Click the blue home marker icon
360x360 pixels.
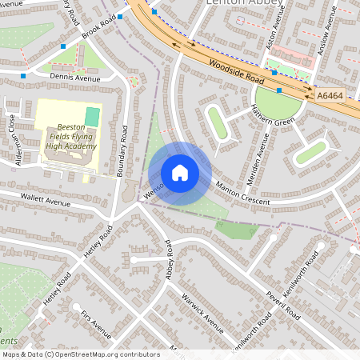(180, 173)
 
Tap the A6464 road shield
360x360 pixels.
(330, 96)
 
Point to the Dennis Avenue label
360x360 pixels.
(75, 78)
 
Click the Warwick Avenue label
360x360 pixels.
(202, 312)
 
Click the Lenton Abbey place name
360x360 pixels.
(240, 3)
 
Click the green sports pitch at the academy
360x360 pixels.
(93, 117)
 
